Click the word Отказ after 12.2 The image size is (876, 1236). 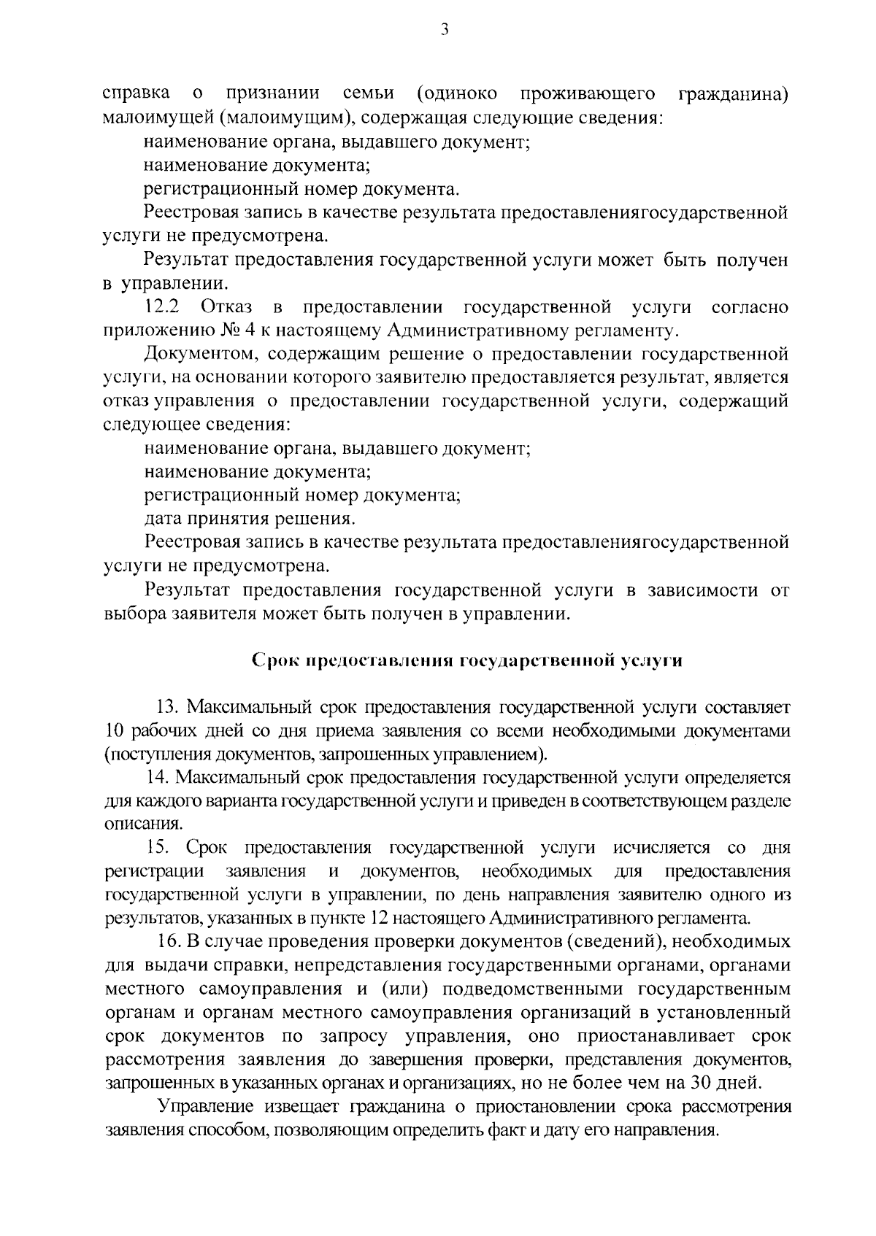click(x=226, y=307)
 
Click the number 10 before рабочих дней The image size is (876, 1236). click(x=115, y=730)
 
